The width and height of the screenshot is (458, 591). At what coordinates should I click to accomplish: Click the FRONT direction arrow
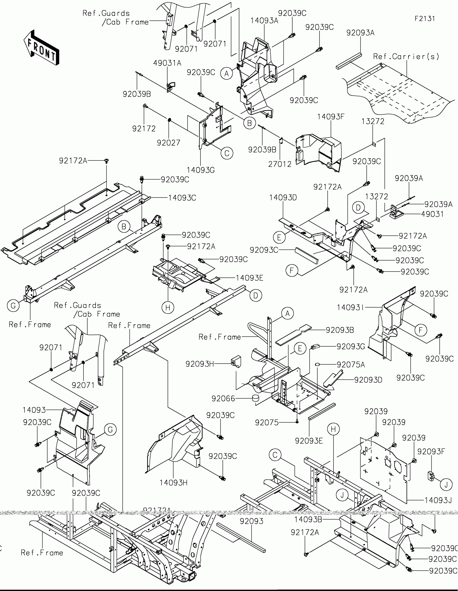[41, 48]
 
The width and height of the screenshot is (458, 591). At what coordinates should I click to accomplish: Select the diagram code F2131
[424, 19]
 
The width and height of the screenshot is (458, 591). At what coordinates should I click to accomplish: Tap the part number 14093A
[264, 21]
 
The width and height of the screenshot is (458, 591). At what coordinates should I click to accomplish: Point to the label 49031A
[167, 63]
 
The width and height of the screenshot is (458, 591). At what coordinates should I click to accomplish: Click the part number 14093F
[331, 117]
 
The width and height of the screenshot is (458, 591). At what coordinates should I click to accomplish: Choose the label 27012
[280, 164]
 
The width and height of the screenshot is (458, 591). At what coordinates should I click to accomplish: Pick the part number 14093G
[200, 170]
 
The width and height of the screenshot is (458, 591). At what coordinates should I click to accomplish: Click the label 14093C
[182, 198]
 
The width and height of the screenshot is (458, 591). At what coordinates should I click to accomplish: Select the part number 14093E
[249, 278]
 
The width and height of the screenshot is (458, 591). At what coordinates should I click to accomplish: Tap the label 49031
[432, 214]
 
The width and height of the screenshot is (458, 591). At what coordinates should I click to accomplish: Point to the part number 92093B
[340, 330]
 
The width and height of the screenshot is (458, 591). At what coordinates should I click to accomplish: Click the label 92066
[223, 398]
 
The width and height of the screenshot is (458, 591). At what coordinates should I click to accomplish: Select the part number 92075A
[351, 364]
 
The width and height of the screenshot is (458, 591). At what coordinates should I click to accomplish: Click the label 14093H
[173, 483]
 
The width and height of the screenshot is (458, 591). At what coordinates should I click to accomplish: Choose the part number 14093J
[438, 500]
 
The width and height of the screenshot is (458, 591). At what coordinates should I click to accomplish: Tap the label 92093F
[431, 451]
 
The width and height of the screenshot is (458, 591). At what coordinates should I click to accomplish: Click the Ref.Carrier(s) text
[406, 57]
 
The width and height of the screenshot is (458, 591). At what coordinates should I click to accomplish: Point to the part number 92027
[168, 143]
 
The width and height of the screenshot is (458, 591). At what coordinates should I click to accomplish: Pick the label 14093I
[350, 307]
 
